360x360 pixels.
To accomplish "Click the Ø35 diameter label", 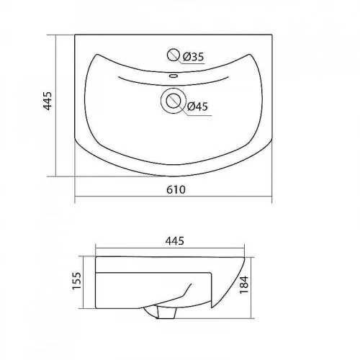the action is click(x=193, y=57).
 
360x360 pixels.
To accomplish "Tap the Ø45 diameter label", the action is click(x=197, y=107).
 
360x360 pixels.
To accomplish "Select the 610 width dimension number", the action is click(x=176, y=190).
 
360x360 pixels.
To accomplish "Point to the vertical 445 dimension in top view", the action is click(x=48, y=101).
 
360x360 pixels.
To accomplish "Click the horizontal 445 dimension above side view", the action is click(x=175, y=241).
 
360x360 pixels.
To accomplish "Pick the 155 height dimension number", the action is click(x=77, y=281).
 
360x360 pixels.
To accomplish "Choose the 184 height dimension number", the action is click(x=243, y=284).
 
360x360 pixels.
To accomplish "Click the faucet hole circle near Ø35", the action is click(x=174, y=55).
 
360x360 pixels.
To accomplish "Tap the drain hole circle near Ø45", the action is click(x=174, y=101).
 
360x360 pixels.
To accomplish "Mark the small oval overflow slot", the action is click(x=174, y=76).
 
